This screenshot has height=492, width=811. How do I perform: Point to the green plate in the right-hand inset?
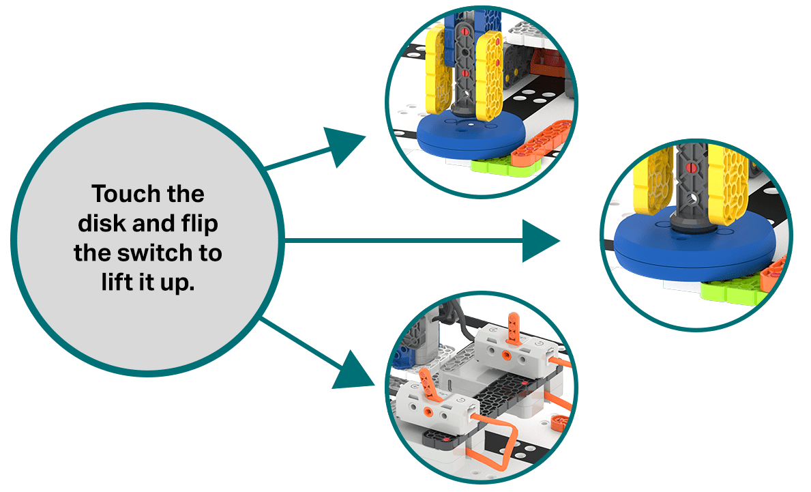pos(729,289)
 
